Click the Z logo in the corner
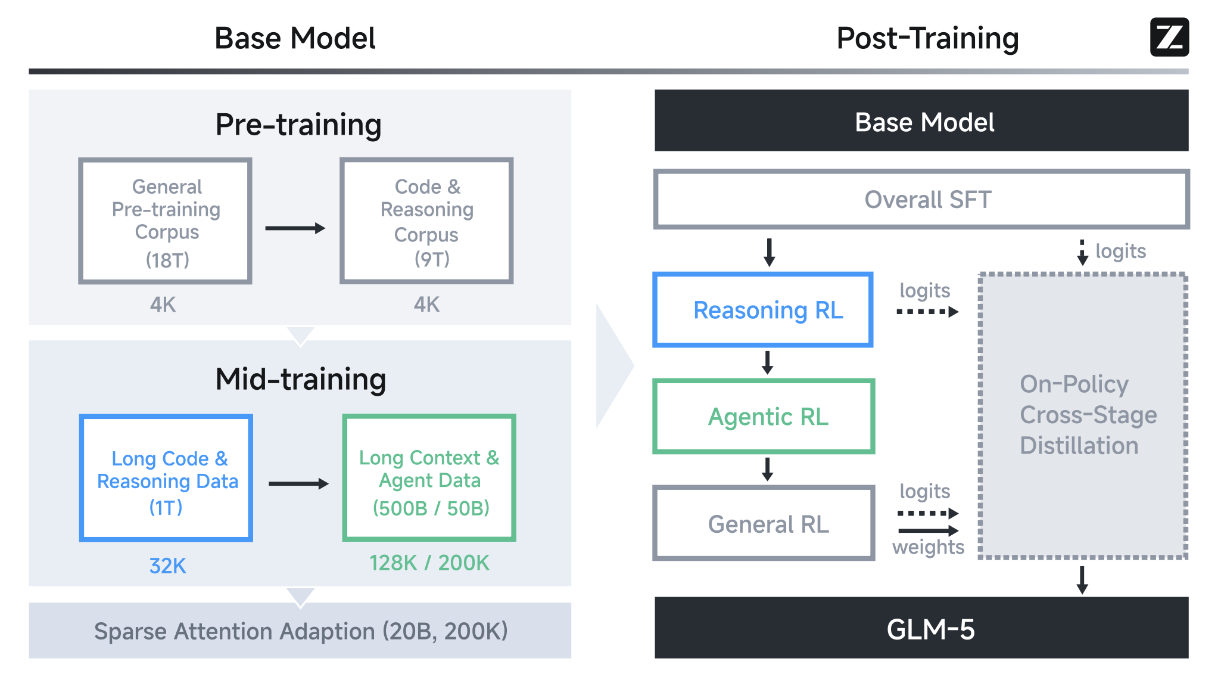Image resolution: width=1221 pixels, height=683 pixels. tap(1169, 37)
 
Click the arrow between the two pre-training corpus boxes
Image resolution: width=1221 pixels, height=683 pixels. tap(295, 228)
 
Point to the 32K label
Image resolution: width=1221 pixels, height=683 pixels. tap(167, 566)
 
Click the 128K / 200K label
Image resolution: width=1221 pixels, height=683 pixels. tap(429, 563)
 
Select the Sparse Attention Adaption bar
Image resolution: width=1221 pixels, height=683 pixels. tap(300, 631)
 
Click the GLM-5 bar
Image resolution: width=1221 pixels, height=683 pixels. tap(921, 628)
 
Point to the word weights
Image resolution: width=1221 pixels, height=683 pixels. tap(928, 547)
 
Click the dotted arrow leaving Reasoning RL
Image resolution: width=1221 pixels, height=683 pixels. tap(927, 312)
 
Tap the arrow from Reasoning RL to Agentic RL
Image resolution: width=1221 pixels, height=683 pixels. tap(768, 362)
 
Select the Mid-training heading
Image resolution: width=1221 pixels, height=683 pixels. tap(301, 379)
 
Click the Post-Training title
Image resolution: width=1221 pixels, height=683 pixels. tap(927, 38)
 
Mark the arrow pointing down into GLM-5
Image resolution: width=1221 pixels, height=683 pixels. tap(1082, 580)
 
